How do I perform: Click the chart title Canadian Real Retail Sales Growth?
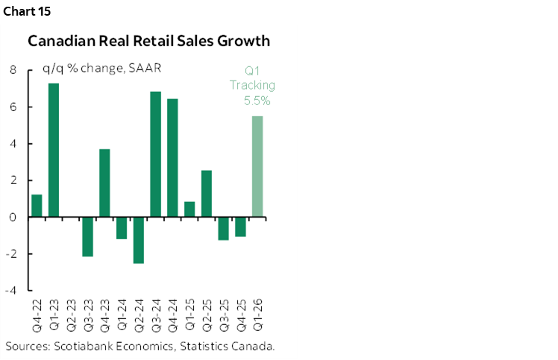click(x=148, y=41)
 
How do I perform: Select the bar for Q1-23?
click(x=54, y=150)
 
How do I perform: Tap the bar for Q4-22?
click(x=37, y=206)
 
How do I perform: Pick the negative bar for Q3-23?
click(x=87, y=236)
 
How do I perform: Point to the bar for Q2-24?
click(x=138, y=240)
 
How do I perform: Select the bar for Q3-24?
click(x=155, y=154)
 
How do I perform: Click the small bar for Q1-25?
click(x=189, y=209)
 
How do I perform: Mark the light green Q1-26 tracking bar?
click(x=257, y=166)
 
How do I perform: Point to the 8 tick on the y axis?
click(x=13, y=70)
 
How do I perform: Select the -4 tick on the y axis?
click(x=11, y=291)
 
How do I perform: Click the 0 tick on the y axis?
click(x=13, y=218)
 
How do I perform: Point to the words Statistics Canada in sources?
click(x=226, y=347)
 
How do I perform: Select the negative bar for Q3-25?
click(x=223, y=228)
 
